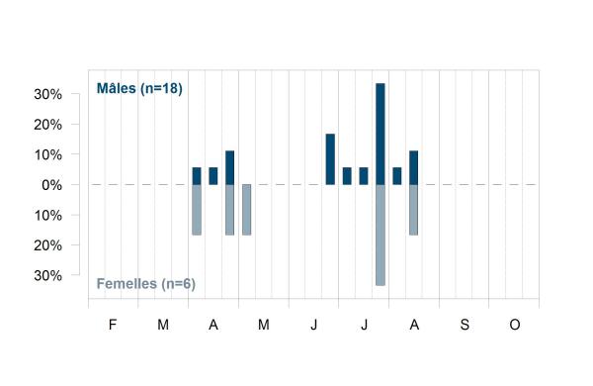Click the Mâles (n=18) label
coord(139,88)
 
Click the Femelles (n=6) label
coord(146,284)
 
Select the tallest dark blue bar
coord(381,134)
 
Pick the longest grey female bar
coord(381,235)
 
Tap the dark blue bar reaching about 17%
coord(330,159)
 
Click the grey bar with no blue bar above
coord(246,210)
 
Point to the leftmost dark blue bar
coord(197,176)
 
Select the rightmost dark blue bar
coord(414,168)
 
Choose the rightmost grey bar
coord(414,210)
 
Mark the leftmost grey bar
coord(197,210)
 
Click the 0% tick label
coord(52,185)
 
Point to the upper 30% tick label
coord(48,94)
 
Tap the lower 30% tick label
coord(48,276)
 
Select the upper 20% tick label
coord(48,125)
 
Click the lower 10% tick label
coord(48,216)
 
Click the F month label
coord(113,325)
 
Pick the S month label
coord(465,325)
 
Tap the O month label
coord(515,325)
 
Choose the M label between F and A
coord(163,325)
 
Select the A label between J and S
coord(414,325)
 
